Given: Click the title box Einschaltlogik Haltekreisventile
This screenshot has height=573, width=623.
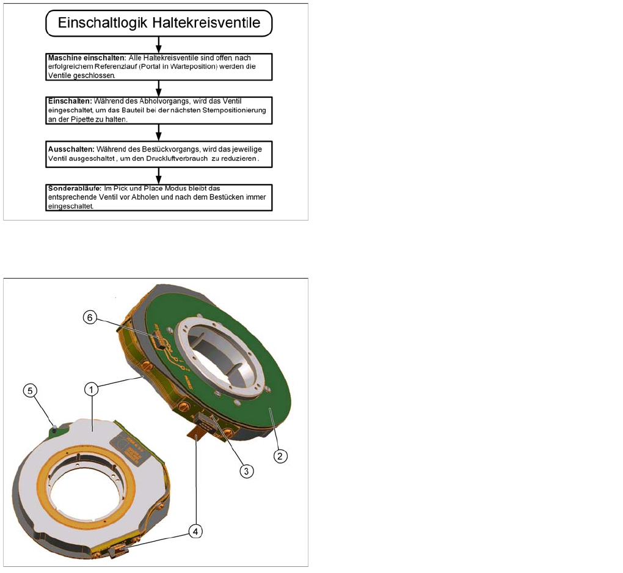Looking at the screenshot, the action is click(159, 23).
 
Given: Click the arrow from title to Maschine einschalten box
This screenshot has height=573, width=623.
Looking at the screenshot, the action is click(159, 45).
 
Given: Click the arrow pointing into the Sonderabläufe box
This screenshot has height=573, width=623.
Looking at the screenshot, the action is click(159, 176).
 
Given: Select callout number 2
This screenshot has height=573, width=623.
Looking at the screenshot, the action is click(280, 456).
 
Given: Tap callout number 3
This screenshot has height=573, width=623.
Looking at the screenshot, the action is click(246, 471).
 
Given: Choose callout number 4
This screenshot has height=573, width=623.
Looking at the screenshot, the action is click(195, 531).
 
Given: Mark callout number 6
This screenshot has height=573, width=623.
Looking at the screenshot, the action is click(90, 317).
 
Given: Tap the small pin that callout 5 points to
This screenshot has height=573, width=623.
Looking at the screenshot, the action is click(54, 428).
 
